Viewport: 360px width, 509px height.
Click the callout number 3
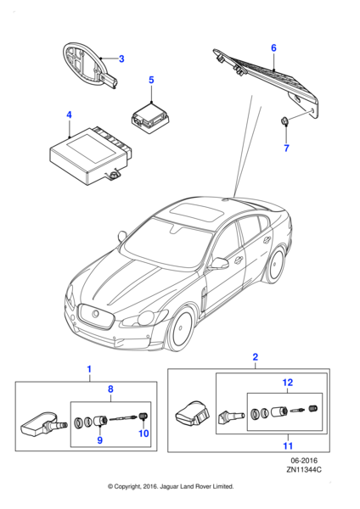click(x=121, y=59)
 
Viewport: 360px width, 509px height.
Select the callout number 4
click(x=69, y=113)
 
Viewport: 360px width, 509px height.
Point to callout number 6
click(x=273, y=48)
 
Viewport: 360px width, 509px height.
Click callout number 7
click(x=286, y=149)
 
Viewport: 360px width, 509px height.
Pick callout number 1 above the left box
click(x=87, y=369)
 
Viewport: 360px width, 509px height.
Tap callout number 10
click(x=143, y=435)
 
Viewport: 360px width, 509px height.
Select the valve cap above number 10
click(x=143, y=415)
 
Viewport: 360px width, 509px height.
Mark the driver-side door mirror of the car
click(x=220, y=264)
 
